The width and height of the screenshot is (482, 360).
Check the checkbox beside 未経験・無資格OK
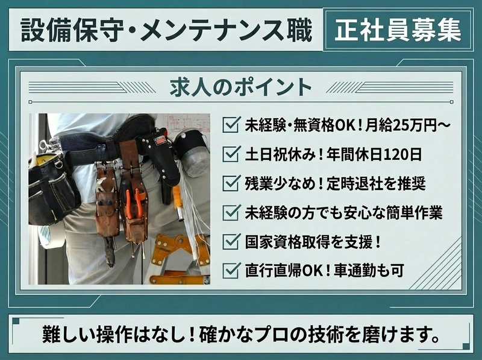[230, 125]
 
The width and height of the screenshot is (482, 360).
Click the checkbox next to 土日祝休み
[230, 154]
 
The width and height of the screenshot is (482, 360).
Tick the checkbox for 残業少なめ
[230, 183]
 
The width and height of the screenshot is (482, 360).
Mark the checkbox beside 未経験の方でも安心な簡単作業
[230, 212]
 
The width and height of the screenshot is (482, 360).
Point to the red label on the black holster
[160, 141]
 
